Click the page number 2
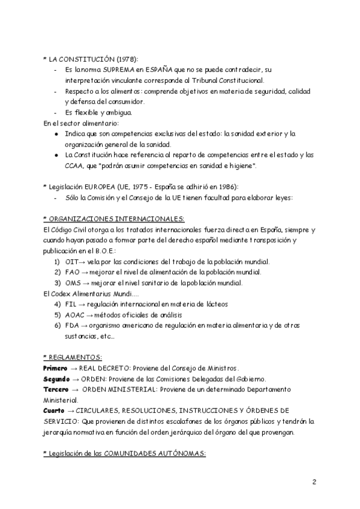[314, 482]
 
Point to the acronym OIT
[73, 262]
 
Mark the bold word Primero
[55, 367]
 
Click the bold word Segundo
[57, 379]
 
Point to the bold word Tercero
[56, 390]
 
